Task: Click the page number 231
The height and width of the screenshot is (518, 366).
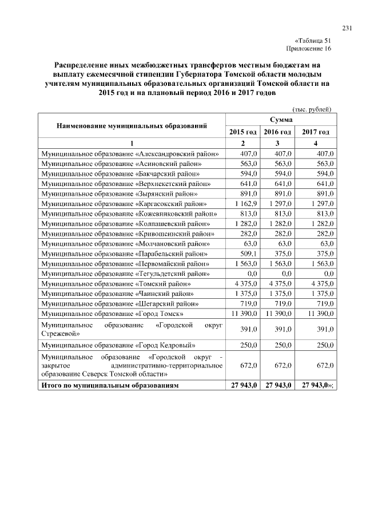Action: [x=347, y=29]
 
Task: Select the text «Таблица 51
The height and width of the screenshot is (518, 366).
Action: [x=313, y=41]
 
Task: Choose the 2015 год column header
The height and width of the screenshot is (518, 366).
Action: [x=242, y=132]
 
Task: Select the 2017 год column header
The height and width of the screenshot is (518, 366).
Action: [x=316, y=132]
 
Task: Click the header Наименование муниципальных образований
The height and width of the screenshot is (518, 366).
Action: [x=131, y=125]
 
